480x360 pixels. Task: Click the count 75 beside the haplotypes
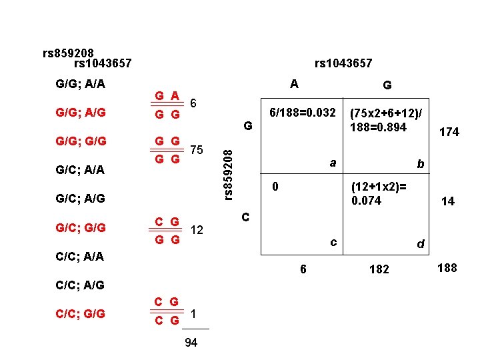[197, 150]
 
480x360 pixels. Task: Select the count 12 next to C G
[197, 230]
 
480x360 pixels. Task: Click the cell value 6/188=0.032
[301, 113]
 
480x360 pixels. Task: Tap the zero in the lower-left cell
[273, 187]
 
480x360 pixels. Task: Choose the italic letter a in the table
[332, 162]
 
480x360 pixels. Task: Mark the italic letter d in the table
[420, 245]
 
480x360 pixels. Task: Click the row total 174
[449, 133]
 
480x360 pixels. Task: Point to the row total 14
[448, 201]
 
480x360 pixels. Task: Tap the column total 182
[379, 270]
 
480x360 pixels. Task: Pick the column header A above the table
[294, 84]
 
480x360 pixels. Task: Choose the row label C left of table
[245, 217]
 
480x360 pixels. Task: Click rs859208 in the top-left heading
[68, 53]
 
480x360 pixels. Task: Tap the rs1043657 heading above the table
[343, 63]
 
